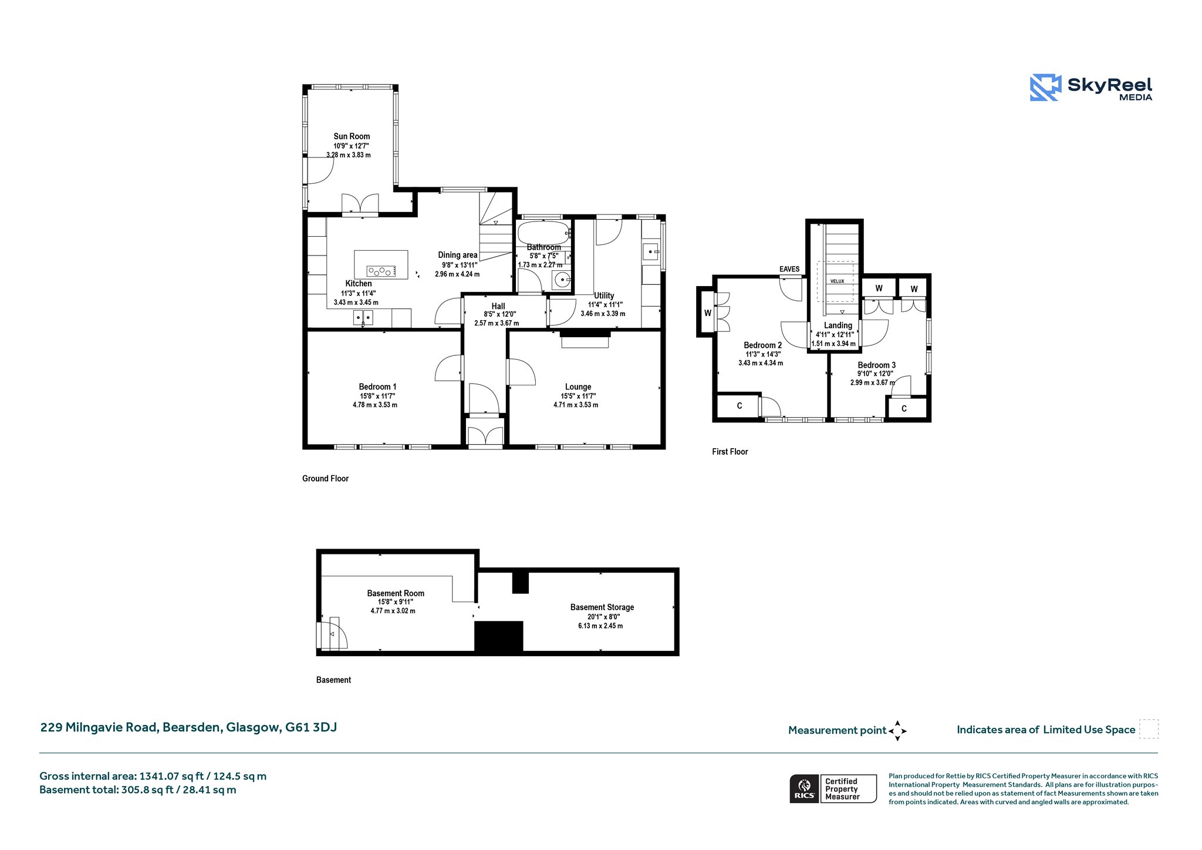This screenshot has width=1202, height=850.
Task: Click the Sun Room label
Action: click(352, 136)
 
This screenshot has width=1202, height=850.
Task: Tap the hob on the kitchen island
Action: click(381, 271)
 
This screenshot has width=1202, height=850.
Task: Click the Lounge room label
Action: click(578, 387)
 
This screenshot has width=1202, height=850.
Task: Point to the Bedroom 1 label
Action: click(377, 387)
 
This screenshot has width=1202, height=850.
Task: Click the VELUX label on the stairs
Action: click(837, 281)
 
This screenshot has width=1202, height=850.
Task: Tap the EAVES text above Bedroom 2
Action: click(789, 269)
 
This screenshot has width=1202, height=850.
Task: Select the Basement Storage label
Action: click(602, 607)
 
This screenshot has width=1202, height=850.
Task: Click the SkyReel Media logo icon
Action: click(1045, 88)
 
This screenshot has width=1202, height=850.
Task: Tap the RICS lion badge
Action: click(804, 788)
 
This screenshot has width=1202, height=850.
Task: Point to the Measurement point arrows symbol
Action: click(897, 731)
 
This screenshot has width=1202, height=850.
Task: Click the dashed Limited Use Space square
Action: click(1149, 729)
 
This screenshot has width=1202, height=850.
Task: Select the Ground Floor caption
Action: click(325, 479)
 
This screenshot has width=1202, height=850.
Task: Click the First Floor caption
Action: click(730, 452)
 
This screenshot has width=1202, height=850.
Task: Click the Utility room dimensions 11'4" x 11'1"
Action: click(605, 305)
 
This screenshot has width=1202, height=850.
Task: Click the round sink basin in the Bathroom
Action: click(563, 280)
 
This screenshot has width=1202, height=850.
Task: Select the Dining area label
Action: click(458, 255)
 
